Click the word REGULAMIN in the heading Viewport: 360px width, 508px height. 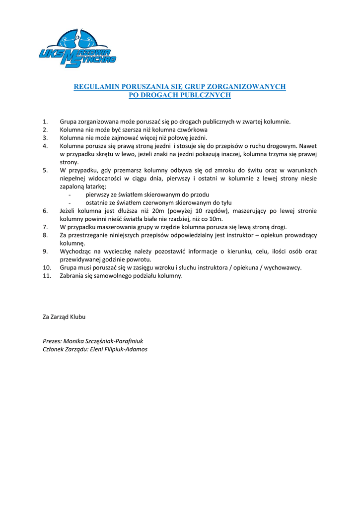tap(96, 87)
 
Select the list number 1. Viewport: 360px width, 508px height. tap(45, 122)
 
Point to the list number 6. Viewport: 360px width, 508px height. tap(45, 211)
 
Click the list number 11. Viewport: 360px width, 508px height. tap(47, 276)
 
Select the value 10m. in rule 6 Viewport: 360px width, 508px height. tap(216, 219)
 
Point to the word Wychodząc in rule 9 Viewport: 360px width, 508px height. tap(75, 252)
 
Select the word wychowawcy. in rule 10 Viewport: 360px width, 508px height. tap(282, 267)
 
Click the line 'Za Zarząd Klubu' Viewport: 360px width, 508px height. tap(64, 317)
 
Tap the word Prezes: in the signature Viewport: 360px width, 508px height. tap(53, 341)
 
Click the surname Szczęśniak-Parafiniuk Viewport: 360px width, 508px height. tap(114, 341)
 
